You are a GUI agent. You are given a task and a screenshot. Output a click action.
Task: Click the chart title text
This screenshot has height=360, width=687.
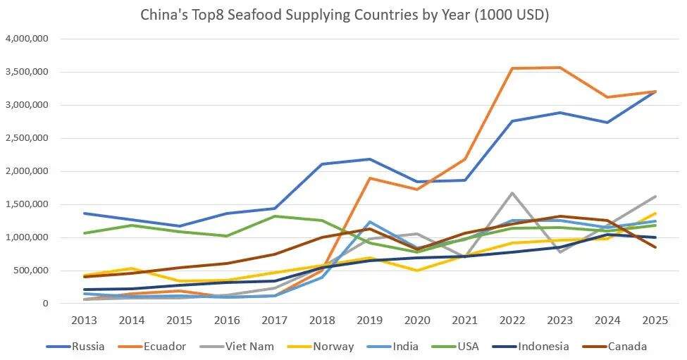[x=343, y=14]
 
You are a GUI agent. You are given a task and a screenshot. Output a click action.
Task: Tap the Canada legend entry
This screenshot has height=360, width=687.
[x=627, y=346]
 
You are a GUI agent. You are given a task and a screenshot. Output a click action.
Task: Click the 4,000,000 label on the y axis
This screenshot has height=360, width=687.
[x=25, y=39]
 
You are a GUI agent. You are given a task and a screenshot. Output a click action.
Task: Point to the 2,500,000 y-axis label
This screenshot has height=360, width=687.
[x=25, y=138]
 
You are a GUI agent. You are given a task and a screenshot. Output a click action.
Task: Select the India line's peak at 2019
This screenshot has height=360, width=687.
[x=369, y=222]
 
